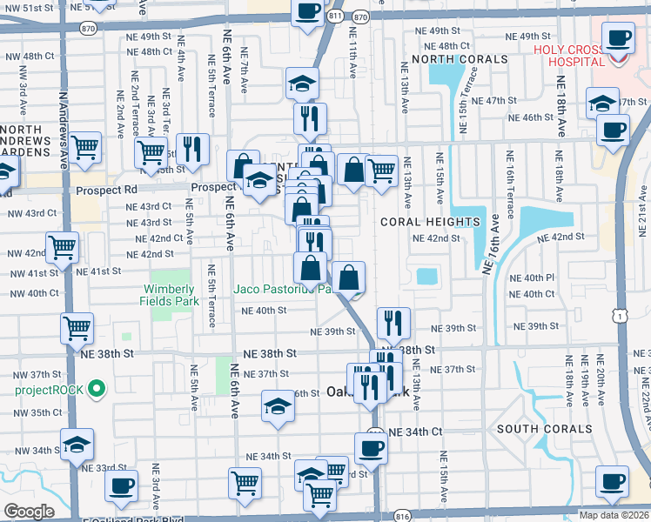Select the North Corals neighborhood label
coord(460,59)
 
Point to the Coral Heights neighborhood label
coord(430,222)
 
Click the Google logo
coord(29,512)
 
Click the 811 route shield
coord(336,16)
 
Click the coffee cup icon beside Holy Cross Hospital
coord(619,37)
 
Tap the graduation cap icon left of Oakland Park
coord(278,405)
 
